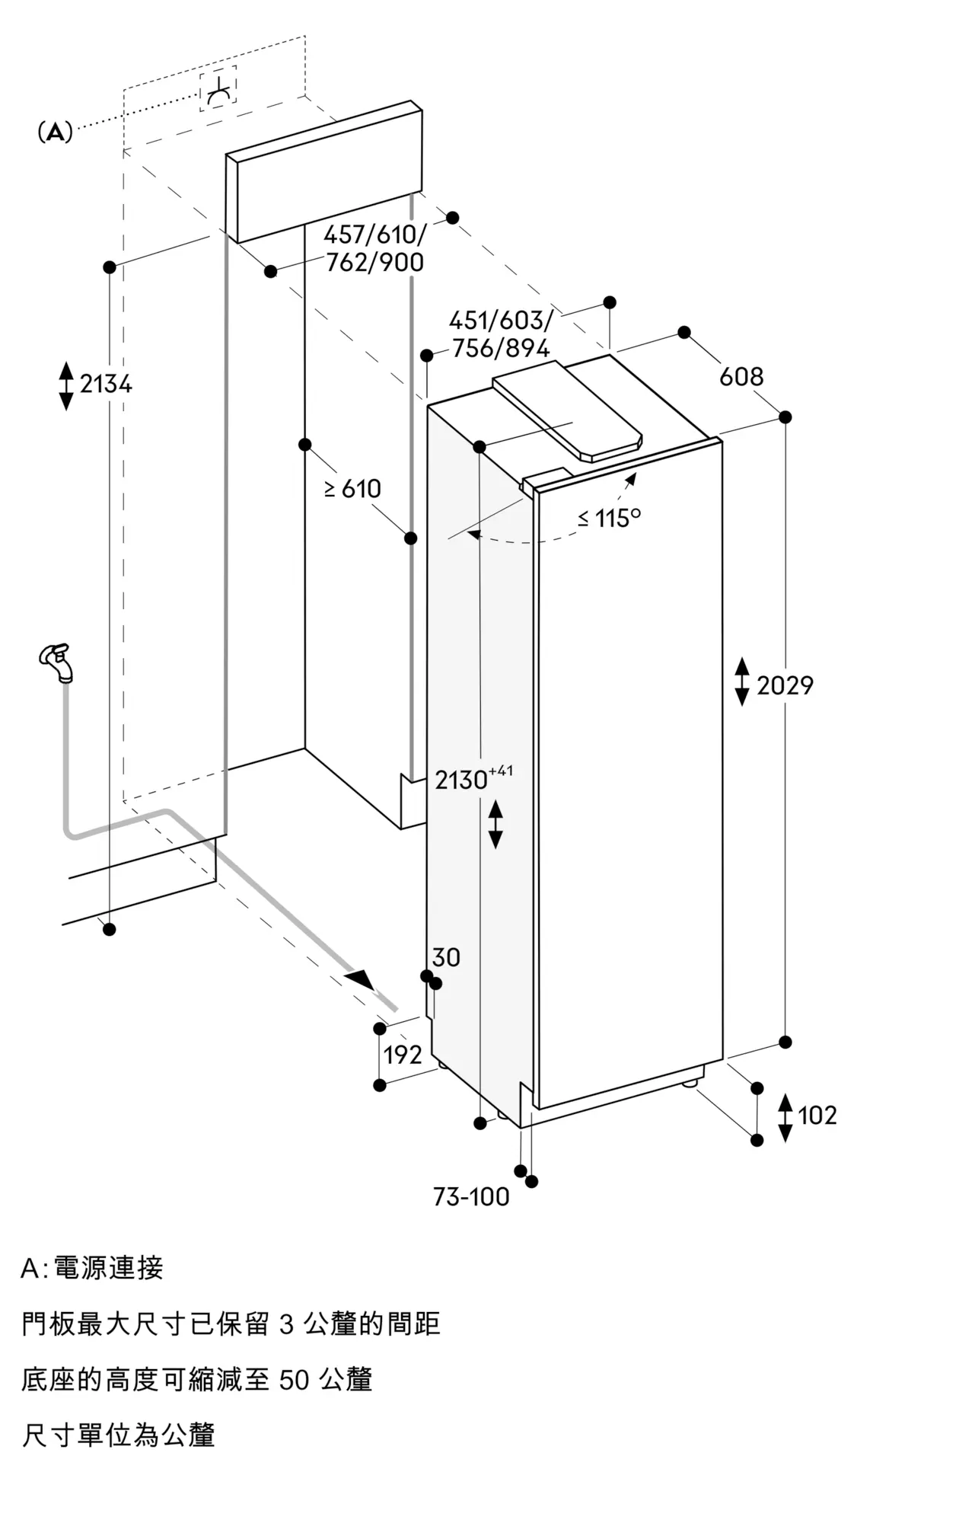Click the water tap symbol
[56, 662]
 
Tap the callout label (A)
[55, 133]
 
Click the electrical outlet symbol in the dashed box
[218, 90]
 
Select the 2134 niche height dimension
[106, 384]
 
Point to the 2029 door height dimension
[785, 685]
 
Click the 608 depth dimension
[741, 376]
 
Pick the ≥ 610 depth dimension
[352, 488]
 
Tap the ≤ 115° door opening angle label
[609, 518]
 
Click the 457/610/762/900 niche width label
[374, 248]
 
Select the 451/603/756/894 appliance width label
[500, 334]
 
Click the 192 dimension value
[403, 1055]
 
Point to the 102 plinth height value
[817, 1116]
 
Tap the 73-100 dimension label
[471, 1197]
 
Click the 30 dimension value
[446, 957]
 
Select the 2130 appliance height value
[461, 780]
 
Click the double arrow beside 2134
[66, 385]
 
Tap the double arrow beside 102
[785, 1117]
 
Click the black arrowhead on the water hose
[360, 979]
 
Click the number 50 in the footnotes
[294, 1379]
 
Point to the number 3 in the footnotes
[286, 1324]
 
